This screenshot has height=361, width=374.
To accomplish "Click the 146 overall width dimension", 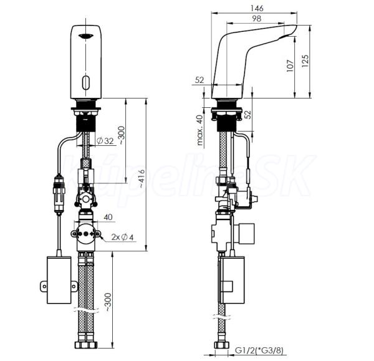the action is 257,8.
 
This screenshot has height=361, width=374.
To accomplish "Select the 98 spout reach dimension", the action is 256,18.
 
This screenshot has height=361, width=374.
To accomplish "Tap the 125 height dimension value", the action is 305,61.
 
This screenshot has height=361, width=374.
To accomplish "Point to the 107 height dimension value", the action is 290,65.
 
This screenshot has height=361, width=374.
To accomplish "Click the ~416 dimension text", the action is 142,178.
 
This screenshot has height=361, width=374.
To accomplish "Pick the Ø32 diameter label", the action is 105,141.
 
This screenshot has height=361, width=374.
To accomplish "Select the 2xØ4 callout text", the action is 122,237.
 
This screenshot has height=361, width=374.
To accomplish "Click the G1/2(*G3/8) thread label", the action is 259,350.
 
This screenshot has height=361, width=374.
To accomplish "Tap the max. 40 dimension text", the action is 200,130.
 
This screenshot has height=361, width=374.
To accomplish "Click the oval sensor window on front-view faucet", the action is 85,82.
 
